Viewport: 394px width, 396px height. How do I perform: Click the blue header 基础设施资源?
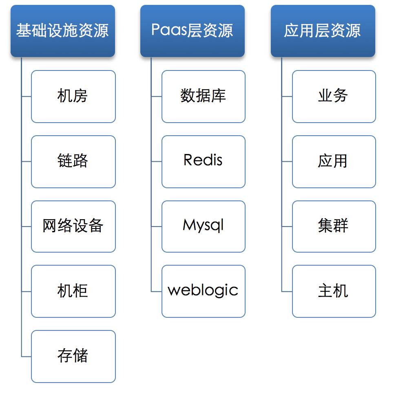(x=62, y=31)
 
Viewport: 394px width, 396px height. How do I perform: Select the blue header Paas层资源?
(x=192, y=31)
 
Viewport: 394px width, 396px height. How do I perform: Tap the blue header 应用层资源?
(x=323, y=31)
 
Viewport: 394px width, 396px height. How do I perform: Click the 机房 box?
(x=73, y=97)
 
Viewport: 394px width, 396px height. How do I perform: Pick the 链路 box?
(x=73, y=162)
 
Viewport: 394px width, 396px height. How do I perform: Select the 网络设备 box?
(x=73, y=227)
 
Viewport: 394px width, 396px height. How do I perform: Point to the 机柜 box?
(x=73, y=291)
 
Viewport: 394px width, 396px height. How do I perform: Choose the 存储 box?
(x=73, y=356)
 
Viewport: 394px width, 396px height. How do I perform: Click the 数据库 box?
(x=203, y=97)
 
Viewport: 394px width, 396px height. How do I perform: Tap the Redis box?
(x=203, y=162)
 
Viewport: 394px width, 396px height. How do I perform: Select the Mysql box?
(x=203, y=227)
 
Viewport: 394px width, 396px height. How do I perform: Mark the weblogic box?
(x=203, y=291)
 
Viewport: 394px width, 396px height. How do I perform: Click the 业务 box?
(x=334, y=97)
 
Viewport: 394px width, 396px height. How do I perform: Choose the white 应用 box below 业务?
(x=334, y=162)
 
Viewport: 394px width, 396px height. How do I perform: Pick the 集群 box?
(x=334, y=227)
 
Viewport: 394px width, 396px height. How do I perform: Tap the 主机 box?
(x=334, y=291)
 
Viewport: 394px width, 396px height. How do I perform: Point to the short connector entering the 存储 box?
(x=26, y=356)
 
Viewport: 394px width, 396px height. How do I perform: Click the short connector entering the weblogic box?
(x=156, y=291)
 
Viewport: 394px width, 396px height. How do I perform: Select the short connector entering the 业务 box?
(x=287, y=97)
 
